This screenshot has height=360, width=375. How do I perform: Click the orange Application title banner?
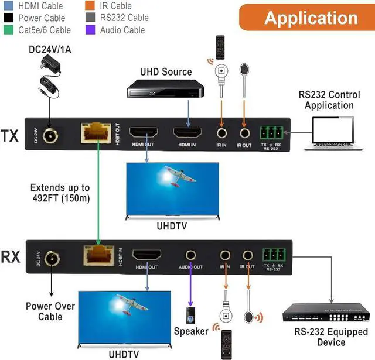306,18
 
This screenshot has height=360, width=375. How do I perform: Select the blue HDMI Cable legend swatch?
7,6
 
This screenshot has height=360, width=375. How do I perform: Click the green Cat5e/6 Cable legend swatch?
7,30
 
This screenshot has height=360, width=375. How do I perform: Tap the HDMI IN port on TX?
188,134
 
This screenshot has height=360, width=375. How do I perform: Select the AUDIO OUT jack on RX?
191,255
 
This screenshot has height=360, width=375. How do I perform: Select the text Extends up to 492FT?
61,193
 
